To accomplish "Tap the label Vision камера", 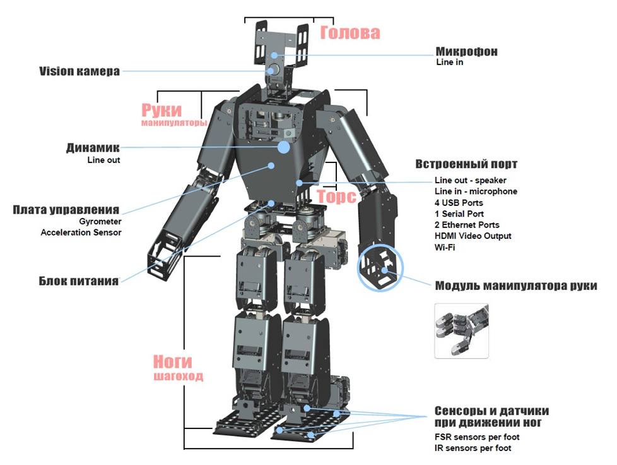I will tap(79, 71).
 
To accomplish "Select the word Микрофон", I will tap(466, 51).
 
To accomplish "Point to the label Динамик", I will tap(93, 148).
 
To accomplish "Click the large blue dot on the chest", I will tap(284, 147).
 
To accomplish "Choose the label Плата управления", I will tap(66, 209).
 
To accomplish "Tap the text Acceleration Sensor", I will tap(81, 232).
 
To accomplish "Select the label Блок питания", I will tap(78, 281).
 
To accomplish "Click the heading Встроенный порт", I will tap(466, 164).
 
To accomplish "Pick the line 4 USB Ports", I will tap(459, 203).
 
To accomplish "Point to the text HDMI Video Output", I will tap(473, 236).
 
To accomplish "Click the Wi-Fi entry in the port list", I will tap(445, 247).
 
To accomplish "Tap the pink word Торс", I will tap(336, 196).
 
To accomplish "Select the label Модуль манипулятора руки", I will tap(515, 285).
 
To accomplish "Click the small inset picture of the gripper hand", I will tap(461, 330).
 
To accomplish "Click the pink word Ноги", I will tap(172, 362).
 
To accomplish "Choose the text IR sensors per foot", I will tap(473, 448).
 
